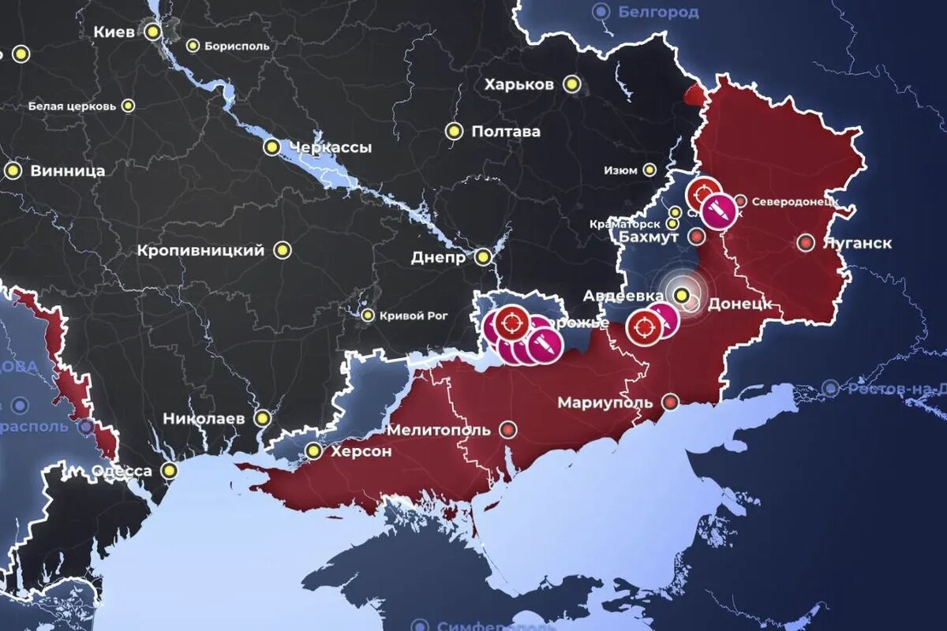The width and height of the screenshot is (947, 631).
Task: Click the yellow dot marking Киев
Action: [153, 32]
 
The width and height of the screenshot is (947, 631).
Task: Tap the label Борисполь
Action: [236, 46]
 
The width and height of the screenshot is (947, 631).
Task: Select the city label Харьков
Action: [518, 84]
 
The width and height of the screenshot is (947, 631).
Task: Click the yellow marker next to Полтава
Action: [454, 132]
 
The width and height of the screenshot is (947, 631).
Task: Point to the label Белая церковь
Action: [72, 106]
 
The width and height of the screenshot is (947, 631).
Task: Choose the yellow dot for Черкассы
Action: [272, 147]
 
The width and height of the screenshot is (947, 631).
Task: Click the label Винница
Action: [67, 171]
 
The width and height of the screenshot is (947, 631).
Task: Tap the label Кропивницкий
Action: [200, 251]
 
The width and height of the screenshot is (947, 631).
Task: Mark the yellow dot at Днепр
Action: [483, 256]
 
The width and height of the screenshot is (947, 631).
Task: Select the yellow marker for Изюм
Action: [649, 170]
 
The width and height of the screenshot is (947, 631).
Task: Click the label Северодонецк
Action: [793, 202]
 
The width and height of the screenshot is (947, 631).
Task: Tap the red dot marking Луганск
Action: [806, 243]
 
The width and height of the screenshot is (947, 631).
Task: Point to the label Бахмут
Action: [649, 237]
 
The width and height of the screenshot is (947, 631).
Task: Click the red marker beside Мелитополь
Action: [508, 430]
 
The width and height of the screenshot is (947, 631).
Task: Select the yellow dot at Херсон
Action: [314, 451]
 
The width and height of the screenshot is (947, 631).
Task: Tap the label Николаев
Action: [204, 419]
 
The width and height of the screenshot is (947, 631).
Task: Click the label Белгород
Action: [658, 12]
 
